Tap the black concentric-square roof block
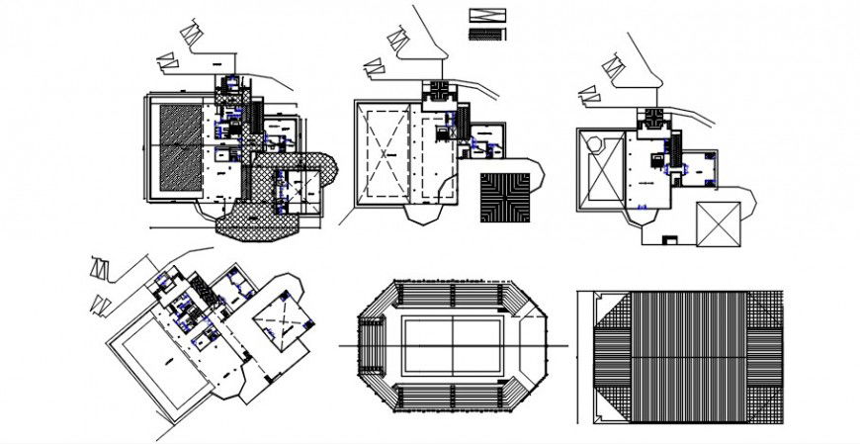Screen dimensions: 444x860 [504, 197]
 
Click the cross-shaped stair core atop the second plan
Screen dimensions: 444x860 [437, 92]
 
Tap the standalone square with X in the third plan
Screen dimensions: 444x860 [717, 223]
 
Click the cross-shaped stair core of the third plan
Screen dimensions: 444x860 [652, 118]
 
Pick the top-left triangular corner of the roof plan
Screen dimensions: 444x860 [611, 311]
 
